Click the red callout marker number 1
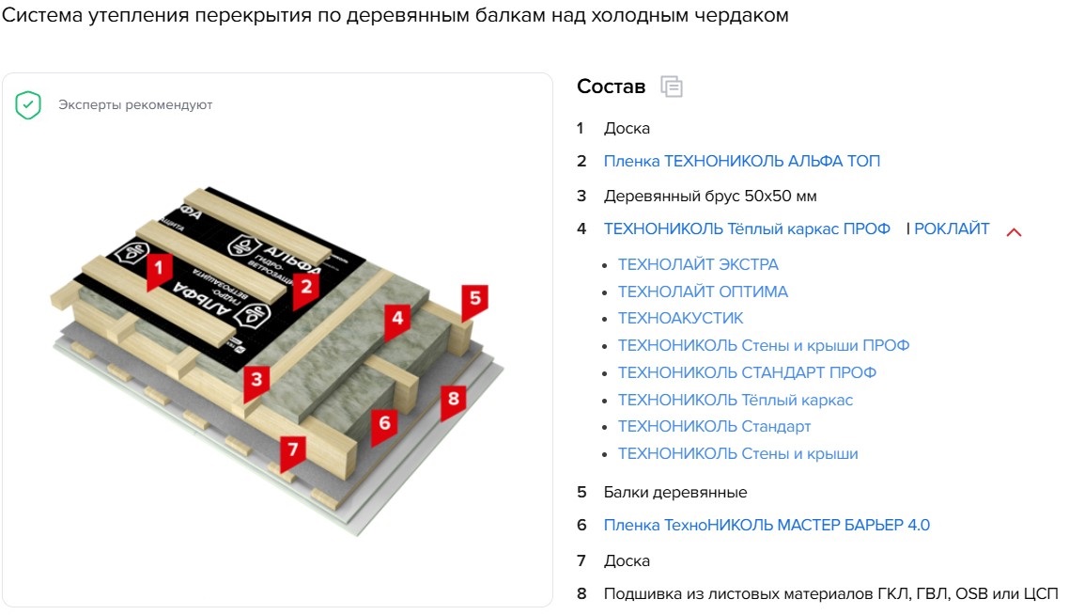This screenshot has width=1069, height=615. (159, 270)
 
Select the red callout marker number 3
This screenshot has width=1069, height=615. (256, 382)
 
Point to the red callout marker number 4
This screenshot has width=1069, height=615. (397, 320)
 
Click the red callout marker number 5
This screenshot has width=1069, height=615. (474, 301)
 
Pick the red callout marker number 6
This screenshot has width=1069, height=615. (384, 426)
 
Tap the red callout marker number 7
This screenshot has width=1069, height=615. (293, 452)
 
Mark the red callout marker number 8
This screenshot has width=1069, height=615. (454, 401)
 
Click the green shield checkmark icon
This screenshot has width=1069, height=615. (28, 105)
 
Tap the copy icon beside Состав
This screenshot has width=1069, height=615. (672, 87)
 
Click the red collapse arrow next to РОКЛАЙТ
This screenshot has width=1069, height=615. (1014, 232)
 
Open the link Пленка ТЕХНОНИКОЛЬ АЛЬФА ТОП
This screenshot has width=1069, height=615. (742, 161)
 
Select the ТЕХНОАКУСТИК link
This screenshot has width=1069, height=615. (680, 318)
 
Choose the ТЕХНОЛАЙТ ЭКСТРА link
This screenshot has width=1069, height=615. (698, 264)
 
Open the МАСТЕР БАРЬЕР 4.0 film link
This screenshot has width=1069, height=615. (767, 525)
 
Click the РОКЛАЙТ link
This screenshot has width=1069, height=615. (952, 229)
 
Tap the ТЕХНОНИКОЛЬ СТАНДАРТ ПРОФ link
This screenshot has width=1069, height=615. (747, 372)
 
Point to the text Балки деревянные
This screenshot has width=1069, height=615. (675, 492)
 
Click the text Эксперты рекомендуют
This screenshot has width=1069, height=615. (135, 105)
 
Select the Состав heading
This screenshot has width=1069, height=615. (611, 87)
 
